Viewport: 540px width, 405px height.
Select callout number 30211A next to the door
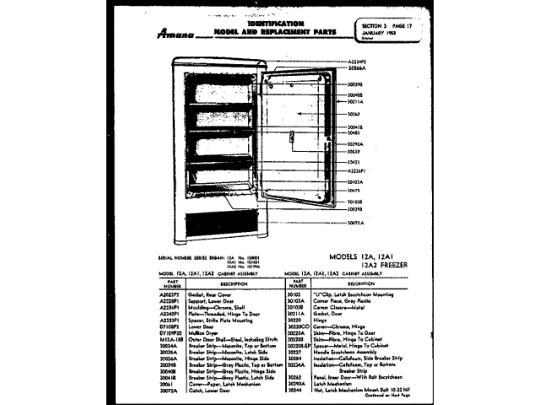(358, 102)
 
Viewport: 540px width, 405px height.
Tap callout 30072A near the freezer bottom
(358, 223)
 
